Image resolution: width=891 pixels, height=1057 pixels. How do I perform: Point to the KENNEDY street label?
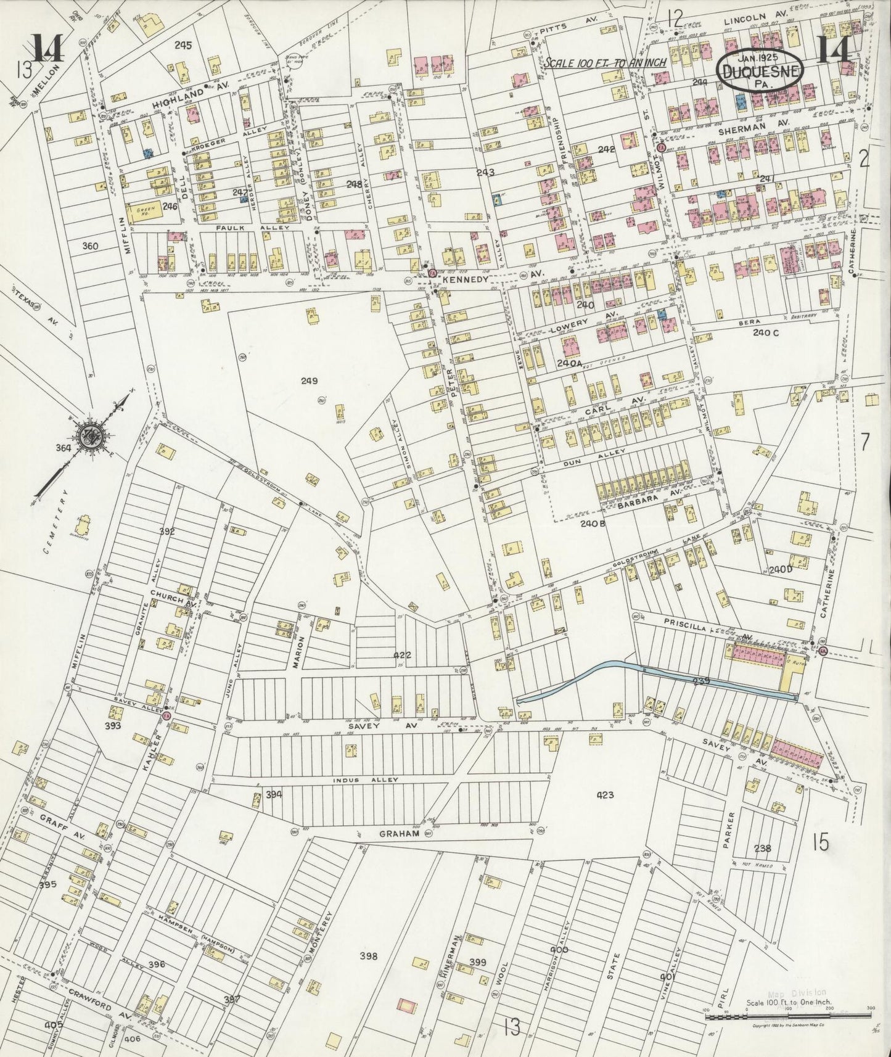coord(467,279)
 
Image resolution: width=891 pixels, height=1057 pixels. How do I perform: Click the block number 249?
coord(309,381)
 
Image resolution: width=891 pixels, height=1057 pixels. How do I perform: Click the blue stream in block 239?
coord(647,676)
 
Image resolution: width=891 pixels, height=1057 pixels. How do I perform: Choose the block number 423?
coord(606,795)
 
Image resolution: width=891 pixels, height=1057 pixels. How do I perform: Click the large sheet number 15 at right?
coord(820,841)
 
